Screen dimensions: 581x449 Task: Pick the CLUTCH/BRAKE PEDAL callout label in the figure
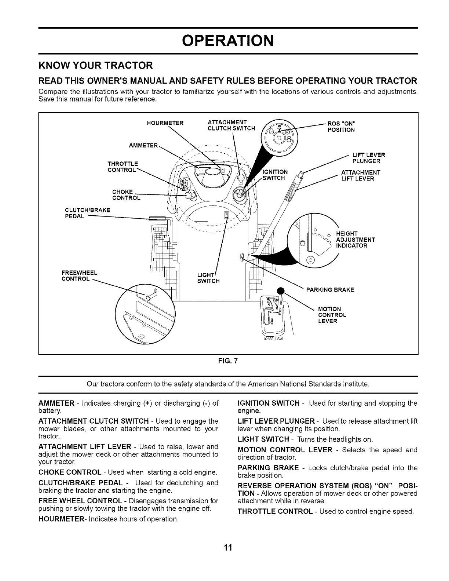(87, 213)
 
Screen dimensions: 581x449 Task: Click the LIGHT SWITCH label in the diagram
(208, 278)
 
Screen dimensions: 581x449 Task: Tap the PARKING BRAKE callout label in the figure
(330, 290)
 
